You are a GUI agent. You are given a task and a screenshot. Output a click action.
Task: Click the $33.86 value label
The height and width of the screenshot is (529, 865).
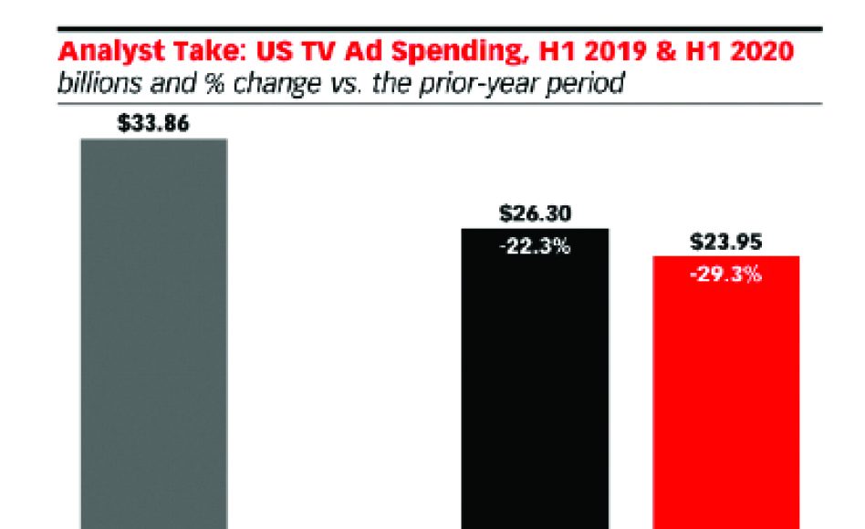coord(153,124)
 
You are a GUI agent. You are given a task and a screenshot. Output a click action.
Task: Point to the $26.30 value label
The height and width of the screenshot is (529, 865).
coord(536,214)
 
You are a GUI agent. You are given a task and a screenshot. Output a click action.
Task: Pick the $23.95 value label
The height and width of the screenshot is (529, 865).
coord(726,243)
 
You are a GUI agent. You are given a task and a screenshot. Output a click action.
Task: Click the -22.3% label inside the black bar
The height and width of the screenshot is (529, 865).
coord(536,246)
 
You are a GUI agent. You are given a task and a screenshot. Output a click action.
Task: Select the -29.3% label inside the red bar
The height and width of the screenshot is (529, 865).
coord(726,274)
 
